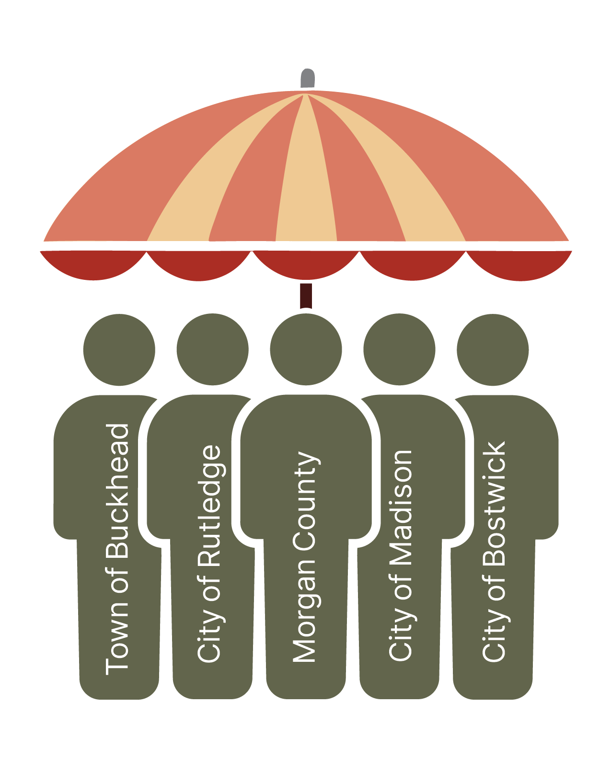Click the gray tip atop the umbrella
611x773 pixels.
pyautogui.click(x=307, y=79)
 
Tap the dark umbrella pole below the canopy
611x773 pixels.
pyautogui.click(x=306, y=295)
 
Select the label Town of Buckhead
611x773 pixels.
pyautogui.click(x=117, y=549)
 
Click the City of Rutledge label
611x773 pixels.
pyautogui.click(x=210, y=554)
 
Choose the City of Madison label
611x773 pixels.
pyautogui.click(x=400, y=556)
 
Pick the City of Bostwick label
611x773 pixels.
pyautogui.click(x=494, y=551)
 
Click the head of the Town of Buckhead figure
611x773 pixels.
pyautogui.click(x=119, y=349)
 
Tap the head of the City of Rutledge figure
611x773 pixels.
pyautogui.click(x=212, y=349)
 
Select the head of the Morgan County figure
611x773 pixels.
pyautogui.click(x=306, y=349)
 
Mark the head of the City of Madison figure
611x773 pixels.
pyautogui.click(x=399, y=349)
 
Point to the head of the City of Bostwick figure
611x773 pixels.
pyautogui.click(x=493, y=349)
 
